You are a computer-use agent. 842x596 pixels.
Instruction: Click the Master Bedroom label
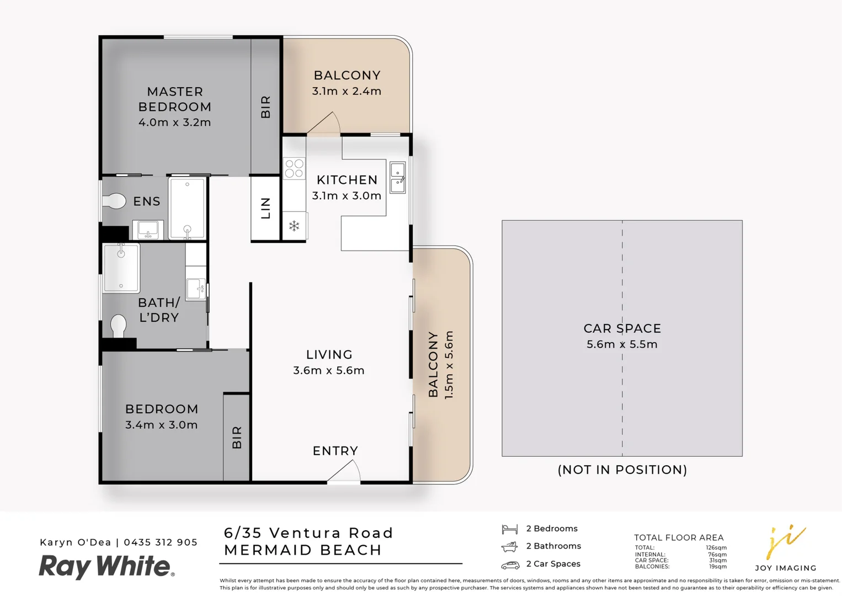[x=174, y=99]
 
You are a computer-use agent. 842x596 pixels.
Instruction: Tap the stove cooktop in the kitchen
[x=294, y=169]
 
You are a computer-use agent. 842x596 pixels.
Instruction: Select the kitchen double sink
[x=397, y=178]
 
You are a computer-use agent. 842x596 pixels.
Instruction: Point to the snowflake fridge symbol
[x=294, y=226]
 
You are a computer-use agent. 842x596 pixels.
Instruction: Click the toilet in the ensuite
[x=115, y=201]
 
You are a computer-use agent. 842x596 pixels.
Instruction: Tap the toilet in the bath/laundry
[x=118, y=325]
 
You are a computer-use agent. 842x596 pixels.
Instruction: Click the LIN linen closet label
[x=265, y=208]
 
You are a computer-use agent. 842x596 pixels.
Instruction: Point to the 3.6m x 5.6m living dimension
[x=328, y=370]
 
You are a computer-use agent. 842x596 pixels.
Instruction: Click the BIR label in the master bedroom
[x=265, y=107]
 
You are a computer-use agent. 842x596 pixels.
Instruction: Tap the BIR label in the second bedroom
[x=237, y=437]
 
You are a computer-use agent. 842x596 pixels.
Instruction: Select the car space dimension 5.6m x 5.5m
[x=622, y=344]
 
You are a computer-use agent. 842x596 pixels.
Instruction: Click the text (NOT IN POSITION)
[x=622, y=470]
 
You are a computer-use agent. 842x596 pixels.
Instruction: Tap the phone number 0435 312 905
[x=161, y=542]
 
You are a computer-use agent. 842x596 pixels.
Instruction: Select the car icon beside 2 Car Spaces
[x=510, y=565]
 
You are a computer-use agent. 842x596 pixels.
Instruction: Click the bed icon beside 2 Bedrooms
[x=510, y=529]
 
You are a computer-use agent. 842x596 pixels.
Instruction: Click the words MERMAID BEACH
[x=303, y=550]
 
